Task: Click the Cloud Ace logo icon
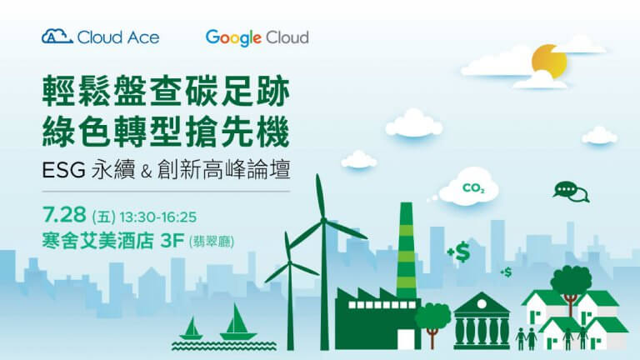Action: (x=57, y=37)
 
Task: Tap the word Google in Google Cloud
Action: (x=233, y=38)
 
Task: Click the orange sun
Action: (x=549, y=62)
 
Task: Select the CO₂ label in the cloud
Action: (x=473, y=188)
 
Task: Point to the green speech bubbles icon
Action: (x=571, y=192)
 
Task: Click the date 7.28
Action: (x=64, y=215)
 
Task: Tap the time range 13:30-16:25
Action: (x=158, y=217)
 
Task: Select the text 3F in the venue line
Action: (x=172, y=241)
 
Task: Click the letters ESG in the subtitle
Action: (x=63, y=170)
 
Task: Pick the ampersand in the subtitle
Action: (x=146, y=171)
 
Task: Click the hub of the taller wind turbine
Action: (x=323, y=221)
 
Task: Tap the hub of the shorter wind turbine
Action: (x=289, y=262)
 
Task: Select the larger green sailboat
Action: (x=237, y=323)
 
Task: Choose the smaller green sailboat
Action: (x=191, y=328)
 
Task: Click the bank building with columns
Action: (x=482, y=321)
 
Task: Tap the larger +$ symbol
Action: (x=459, y=252)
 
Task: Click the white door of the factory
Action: (x=406, y=339)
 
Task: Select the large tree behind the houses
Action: (x=571, y=286)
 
